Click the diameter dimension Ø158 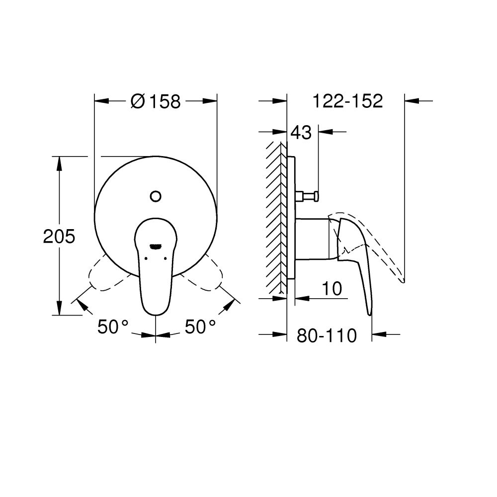click(x=156, y=101)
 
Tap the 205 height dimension click(x=59, y=237)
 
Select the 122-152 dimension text click(x=347, y=101)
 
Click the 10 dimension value click(x=331, y=289)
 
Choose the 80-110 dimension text click(x=327, y=336)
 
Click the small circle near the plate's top click(x=156, y=196)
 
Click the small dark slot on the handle click(x=156, y=246)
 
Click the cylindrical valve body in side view click(x=313, y=238)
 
